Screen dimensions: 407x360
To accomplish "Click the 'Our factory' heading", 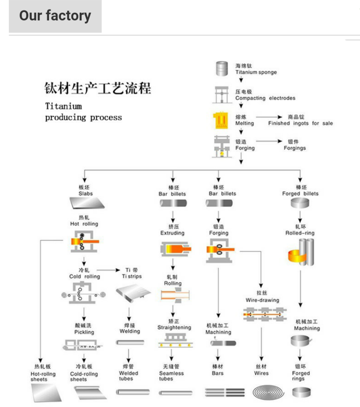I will tap(55, 16).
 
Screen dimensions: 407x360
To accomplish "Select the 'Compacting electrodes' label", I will tap(265, 98).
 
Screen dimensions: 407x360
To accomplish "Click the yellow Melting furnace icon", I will tap(221, 120).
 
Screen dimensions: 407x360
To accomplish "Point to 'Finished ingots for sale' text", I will tap(300, 123).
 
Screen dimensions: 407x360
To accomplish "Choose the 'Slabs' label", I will tap(86, 193).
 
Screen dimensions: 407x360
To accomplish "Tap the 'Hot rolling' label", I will tap(84, 224).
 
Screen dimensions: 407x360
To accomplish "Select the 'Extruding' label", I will tap(172, 233).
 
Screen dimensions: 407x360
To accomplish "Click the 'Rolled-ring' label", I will tap(300, 233).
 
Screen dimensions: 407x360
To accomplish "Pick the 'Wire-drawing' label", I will tap(262, 300).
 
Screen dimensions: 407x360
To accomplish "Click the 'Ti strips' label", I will tap(132, 276).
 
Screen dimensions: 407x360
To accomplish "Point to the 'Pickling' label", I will tap(84, 332).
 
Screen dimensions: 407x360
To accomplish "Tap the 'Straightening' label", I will tap(174, 327).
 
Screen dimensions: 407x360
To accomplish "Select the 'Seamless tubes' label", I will tap(171, 376).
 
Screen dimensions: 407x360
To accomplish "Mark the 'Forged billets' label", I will tap(300, 193).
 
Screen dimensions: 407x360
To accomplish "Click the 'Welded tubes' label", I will tap(129, 376).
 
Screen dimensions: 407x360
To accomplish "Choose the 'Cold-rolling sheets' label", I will tap(84, 376).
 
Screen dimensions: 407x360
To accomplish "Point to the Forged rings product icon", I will tap(301, 392).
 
